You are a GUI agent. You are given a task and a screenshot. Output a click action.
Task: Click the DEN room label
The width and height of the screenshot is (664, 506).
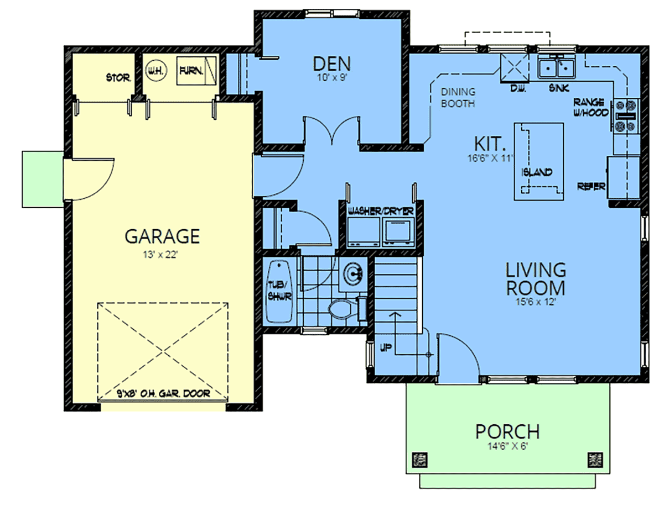[x=331, y=64]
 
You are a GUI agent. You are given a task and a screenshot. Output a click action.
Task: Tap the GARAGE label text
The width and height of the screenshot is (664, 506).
[x=162, y=236]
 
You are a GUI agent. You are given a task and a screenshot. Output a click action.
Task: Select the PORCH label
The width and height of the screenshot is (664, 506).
[x=507, y=432]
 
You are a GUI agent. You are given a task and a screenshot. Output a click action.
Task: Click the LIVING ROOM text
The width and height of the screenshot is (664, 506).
[x=536, y=279]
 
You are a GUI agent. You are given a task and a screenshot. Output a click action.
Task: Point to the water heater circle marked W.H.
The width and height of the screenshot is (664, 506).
[x=157, y=71]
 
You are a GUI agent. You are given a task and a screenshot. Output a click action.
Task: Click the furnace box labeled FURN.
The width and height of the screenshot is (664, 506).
[x=196, y=71]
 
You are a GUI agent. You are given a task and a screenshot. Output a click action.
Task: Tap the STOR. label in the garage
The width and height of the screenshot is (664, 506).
[x=118, y=78]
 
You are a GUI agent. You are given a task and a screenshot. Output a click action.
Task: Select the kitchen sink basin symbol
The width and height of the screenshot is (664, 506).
[x=556, y=68]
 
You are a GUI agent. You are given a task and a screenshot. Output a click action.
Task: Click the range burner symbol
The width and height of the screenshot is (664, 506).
[x=626, y=115]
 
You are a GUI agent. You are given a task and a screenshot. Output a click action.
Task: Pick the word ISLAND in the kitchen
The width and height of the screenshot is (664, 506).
[x=537, y=172]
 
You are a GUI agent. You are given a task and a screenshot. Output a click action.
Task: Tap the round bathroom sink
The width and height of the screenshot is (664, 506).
[x=354, y=274]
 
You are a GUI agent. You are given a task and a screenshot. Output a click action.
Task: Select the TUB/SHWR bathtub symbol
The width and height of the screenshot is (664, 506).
[x=279, y=291]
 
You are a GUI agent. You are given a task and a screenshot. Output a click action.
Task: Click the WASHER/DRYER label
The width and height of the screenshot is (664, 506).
[x=380, y=211]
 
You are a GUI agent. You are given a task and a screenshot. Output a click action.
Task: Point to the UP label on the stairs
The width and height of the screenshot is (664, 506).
[x=386, y=348]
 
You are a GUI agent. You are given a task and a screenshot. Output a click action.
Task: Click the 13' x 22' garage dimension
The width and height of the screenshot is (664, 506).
[x=160, y=255]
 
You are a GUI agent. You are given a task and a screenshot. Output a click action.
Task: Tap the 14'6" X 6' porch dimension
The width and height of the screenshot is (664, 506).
[x=507, y=446]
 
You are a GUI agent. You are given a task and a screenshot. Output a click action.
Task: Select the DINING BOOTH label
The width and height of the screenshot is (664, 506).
[x=458, y=98]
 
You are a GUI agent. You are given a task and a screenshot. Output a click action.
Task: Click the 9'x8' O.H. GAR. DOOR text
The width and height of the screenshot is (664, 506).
[x=163, y=393]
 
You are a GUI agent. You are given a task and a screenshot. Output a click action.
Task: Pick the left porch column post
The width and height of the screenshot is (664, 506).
[x=420, y=460]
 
